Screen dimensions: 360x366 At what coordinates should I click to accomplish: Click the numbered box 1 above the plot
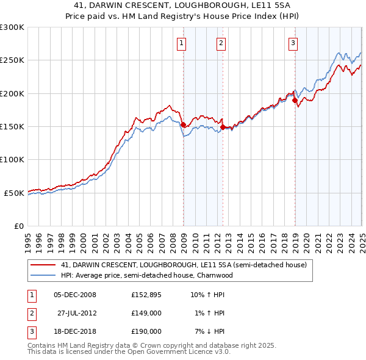(182, 43)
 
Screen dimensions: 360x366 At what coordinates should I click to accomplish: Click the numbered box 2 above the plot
(220, 43)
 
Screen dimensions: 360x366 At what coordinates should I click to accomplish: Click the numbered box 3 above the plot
(293, 43)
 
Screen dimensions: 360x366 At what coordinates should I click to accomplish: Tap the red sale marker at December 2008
(184, 124)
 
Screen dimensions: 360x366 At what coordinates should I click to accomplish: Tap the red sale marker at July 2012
(223, 127)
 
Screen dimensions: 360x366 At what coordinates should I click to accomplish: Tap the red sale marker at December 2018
(295, 100)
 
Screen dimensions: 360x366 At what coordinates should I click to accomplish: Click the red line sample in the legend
(43, 265)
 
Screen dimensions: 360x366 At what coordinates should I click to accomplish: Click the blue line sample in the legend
(43, 275)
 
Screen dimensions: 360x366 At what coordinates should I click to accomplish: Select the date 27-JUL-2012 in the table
(79, 313)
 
